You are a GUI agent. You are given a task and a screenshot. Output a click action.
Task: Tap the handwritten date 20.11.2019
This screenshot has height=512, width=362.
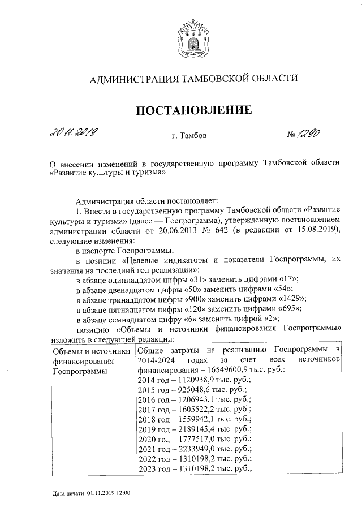coord(72,134)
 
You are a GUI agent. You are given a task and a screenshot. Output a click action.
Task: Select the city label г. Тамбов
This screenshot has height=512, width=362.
coord(189,136)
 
